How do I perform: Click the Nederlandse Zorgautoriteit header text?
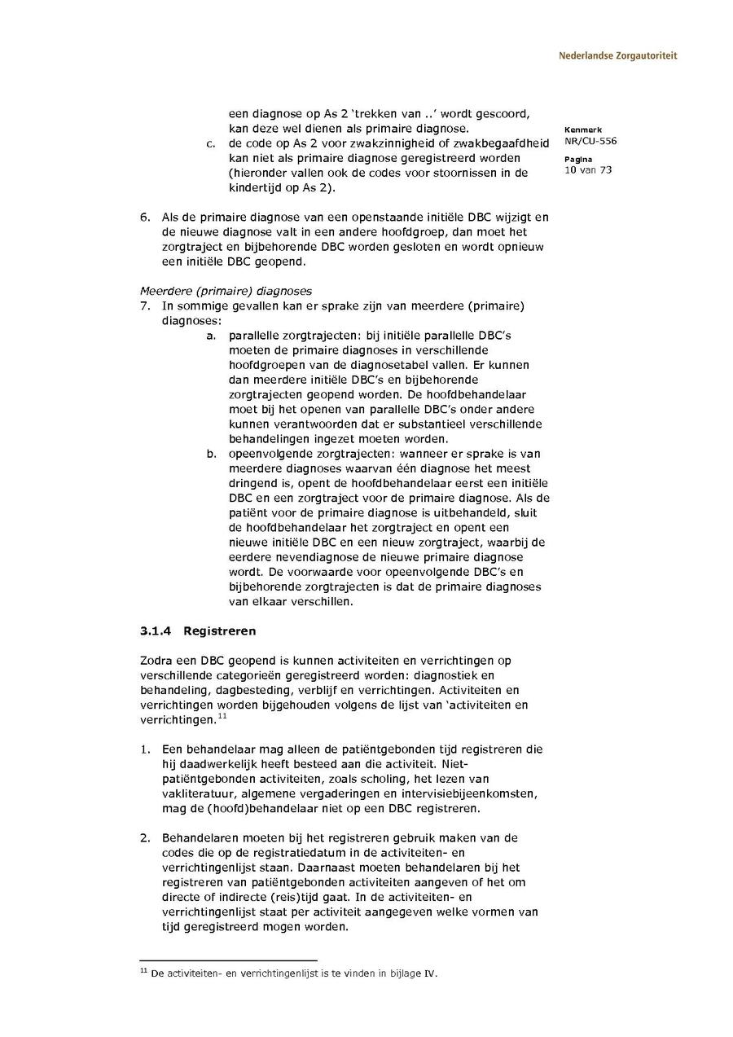(x=617, y=56)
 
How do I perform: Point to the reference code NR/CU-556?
(x=590, y=141)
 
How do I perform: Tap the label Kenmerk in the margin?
(x=579, y=130)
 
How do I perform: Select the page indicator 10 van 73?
(x=588, y=170)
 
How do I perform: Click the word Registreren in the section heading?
(x=220, y=631)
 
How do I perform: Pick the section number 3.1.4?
(x=156, y=631)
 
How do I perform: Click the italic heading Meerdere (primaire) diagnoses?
(x=226, y=291)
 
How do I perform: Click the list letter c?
(x=210, y=144)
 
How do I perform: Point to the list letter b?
(x=210, y=454)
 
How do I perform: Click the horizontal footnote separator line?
(x=228, y=961)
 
